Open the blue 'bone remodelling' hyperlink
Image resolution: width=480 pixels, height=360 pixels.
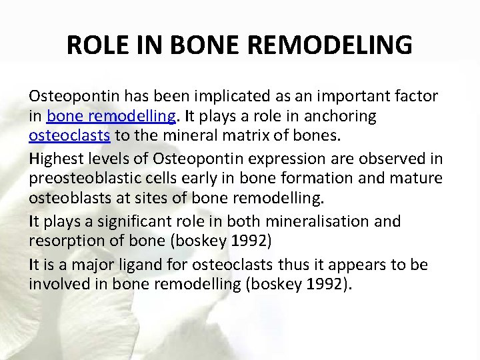pos(111,117)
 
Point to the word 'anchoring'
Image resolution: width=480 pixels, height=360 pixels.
pos(339,117)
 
